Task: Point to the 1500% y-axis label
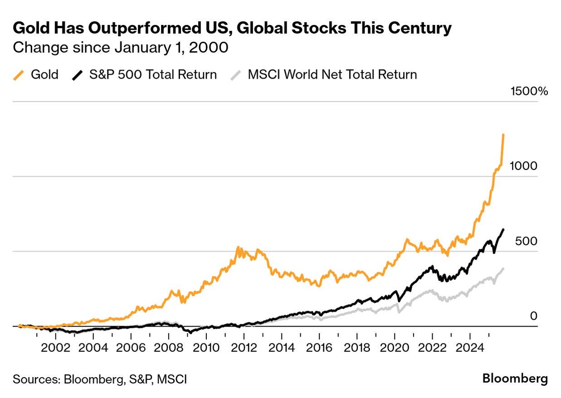[529, 91]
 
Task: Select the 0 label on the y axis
[533, 316]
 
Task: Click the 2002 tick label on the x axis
[55, 348]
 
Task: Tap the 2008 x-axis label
[168, 348]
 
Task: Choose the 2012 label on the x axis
[244, 348]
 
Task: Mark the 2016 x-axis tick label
[319, 348]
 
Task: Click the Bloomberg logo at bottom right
[515, 378]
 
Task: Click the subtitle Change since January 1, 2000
[120, 47]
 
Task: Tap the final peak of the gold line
[503, 135]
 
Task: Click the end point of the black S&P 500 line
[503, 229]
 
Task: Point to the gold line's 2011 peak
[238, 248]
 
